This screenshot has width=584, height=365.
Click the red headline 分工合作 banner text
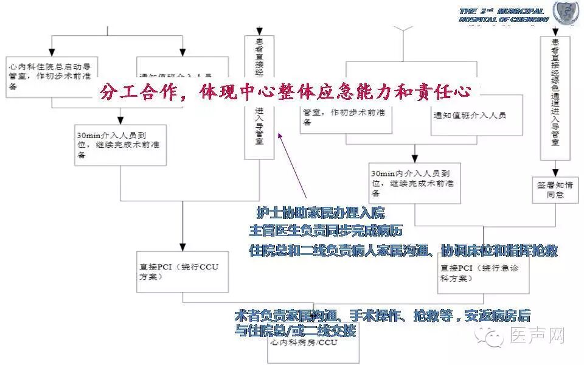[x=286, y=92]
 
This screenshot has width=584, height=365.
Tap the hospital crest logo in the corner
[x=565, y=13]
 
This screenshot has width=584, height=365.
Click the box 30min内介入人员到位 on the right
[x=414, y=182]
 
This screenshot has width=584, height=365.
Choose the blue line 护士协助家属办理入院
[x=320, y=214]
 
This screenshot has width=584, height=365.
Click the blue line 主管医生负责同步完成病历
[x=325, y=231]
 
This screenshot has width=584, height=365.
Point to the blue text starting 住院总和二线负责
[x=403, y=250]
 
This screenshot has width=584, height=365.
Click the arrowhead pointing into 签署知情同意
[x=555, y=172]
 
